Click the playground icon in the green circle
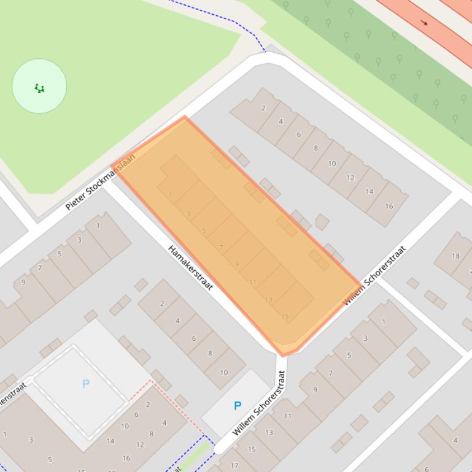[x=39, y=88]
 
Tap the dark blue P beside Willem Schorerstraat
[x=237, y=405]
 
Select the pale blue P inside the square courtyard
[x=85, y=384]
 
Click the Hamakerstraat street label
[x=190, y=268]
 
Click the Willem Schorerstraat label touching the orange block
[x=374, y=275]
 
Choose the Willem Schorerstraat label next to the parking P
[x=259, y=403]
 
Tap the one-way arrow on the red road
[x=424, y=23]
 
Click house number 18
[x=455, y=256]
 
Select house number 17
[x=234, y=465]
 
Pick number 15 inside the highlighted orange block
[x=285, y=316]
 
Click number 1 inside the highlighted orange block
[x=171, y=195]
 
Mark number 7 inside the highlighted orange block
[x=221, y=248]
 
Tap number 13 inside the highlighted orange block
[x=268, y=300]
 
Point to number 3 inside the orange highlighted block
[x=188, y=214]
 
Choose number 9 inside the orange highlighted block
[x=237, y=264]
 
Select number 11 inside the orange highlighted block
[x=253, y=282]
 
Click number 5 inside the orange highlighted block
[x=204, y=230]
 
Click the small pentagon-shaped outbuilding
[x=322, y=221]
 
